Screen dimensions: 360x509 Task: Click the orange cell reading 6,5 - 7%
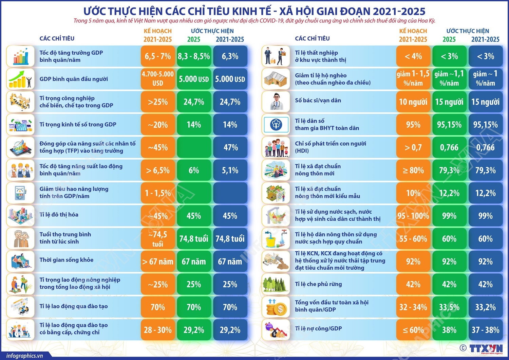158,56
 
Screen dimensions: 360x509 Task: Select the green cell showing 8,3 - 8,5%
194,56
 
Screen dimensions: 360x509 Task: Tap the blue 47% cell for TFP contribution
230,147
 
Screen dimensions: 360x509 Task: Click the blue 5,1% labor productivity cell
230,170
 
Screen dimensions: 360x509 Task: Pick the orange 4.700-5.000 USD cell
158,79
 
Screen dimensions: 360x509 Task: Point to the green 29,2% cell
194,330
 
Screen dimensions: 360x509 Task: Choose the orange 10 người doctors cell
413,102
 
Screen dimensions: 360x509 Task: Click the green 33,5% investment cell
449,307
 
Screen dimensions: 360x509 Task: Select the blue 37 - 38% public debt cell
486,330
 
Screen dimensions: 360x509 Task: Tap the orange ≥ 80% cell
413,170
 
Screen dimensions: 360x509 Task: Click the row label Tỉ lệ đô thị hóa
59,215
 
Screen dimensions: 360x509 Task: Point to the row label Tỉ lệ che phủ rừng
318,284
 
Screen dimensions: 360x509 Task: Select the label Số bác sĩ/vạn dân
318,101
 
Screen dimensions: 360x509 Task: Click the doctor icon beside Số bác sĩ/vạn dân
276,102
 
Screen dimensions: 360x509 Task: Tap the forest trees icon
276,284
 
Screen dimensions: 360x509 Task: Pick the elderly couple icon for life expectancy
20,238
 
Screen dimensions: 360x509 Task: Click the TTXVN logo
486,348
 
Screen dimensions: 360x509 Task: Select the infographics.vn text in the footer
24,356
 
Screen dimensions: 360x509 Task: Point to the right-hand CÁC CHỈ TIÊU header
312,38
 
